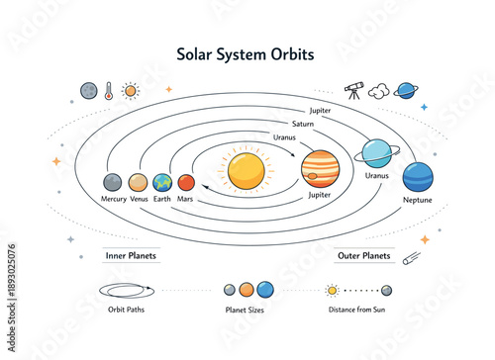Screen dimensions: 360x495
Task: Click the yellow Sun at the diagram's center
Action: click(x=246, y=170)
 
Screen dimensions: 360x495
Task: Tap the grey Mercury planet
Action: click(x=113, y=183)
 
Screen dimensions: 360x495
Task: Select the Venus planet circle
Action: click(x=138, y=183)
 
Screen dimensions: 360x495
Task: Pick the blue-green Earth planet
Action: click(x=162, y=183)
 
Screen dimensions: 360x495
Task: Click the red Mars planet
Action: click(x=186, y=183)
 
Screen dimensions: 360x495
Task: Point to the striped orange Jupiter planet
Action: click(x=320, y=169)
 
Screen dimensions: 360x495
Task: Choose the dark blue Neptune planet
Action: click(x=417, y=178)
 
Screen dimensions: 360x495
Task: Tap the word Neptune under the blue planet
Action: click(x=417, y=201)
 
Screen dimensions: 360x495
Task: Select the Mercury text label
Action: click(x=113, y=200)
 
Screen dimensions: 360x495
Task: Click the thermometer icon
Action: click(x=108, y=91)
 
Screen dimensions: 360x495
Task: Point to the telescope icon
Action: click(x=353, y=90)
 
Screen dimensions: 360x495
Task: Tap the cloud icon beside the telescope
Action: click(x=378, y=91)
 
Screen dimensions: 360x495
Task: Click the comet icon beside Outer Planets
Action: click(x=410, y=257)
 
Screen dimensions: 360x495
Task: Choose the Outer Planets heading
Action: click(x=362, y=255)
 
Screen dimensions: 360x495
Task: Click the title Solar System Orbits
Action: click(x=246, y=53)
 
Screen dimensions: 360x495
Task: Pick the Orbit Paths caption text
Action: click(x=124, y=310)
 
